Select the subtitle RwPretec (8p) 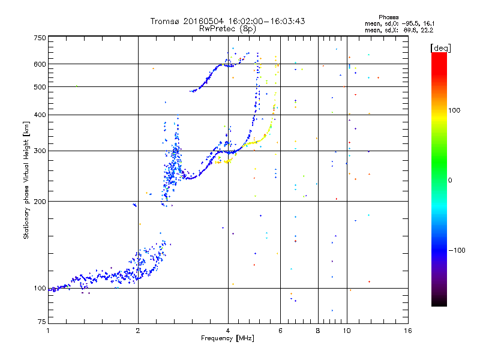coord(227,29)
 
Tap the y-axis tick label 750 coord(40,38)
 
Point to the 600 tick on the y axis coord(40,64)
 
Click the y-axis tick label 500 coord(40,87)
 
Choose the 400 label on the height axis coord(40,115)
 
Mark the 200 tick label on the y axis coord(40,202)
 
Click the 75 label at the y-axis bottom coord(42,322)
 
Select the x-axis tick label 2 coord(138,331)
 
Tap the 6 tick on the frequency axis coord(280,331)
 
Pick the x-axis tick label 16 coord(408,331)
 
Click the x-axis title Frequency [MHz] coord(227,338)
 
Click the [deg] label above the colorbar coord(440,48)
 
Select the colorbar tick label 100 coord(454,110)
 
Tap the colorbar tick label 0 coord(450,181)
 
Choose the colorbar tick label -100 coord(457,250)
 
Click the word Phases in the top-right coord(388,17)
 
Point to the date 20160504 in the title coord(203,21)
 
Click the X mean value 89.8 coord(409,30)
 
